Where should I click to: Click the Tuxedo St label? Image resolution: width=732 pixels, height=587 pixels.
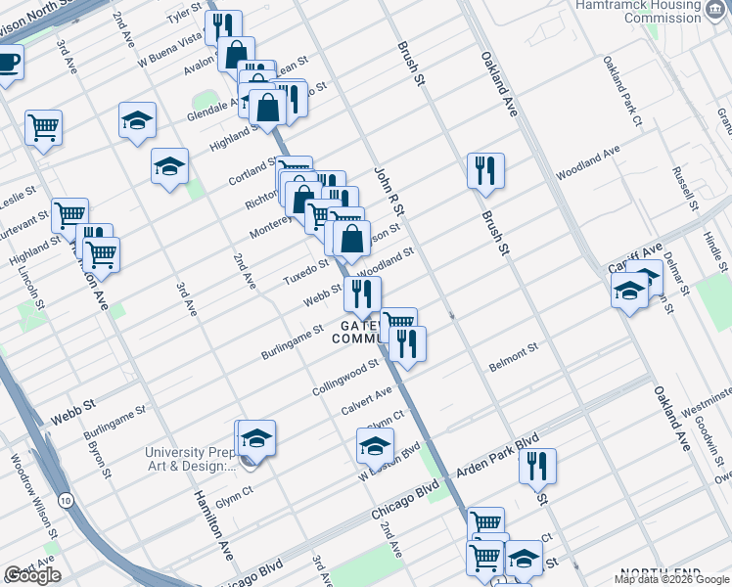pyautogui.click(x=305, y=270)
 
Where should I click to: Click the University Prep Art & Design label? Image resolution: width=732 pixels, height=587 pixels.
pyautogui.click(x=191, y=459)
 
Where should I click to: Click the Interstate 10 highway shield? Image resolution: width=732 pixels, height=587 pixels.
pyautogui.click(x=65, y=500)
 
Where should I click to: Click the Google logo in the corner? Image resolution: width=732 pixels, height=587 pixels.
pyautogui.click(x=32, y=575)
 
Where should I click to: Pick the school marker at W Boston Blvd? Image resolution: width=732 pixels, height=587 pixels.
pyautogui.click(x=375, y=446)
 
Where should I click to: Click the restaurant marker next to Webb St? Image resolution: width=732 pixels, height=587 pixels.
pyautogui.click(x=362, y=293)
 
